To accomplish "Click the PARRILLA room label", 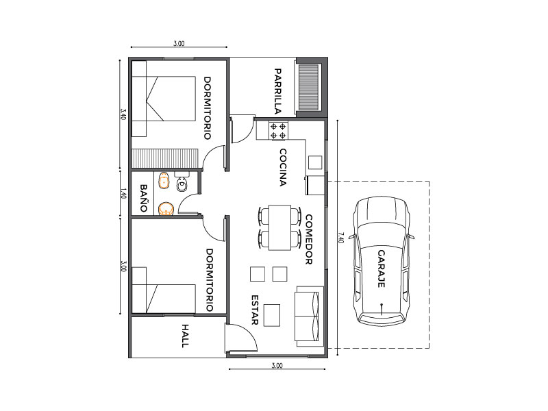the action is (278, 92).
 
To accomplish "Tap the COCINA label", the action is (283, 167).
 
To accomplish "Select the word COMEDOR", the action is (309, 239).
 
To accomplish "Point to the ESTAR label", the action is (255, 310).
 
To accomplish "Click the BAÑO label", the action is (143, 198).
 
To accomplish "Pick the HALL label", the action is (185, 336).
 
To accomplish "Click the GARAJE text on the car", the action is (382, 269).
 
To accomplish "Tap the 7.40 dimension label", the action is (341, 238).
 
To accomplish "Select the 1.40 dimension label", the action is (123, 194).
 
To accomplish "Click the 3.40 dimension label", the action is (123, 114).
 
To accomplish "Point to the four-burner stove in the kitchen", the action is (278, 131).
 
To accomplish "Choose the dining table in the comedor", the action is (279, 227).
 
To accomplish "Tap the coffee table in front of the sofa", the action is (272, 315).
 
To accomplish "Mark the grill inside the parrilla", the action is (309, 87).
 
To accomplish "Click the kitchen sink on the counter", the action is (315, 162).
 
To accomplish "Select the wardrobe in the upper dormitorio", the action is (165, 158).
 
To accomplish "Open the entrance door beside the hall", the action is (240, 338).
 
